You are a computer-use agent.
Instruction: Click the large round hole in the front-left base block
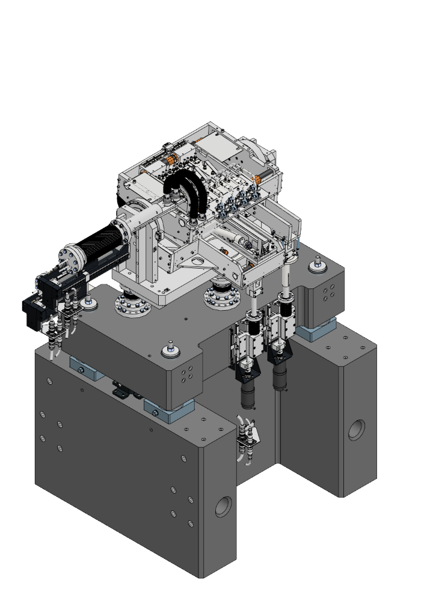pos(224,507)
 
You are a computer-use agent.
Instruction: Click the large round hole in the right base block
pos(356,429)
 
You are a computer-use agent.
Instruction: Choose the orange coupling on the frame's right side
pos(257,178)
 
